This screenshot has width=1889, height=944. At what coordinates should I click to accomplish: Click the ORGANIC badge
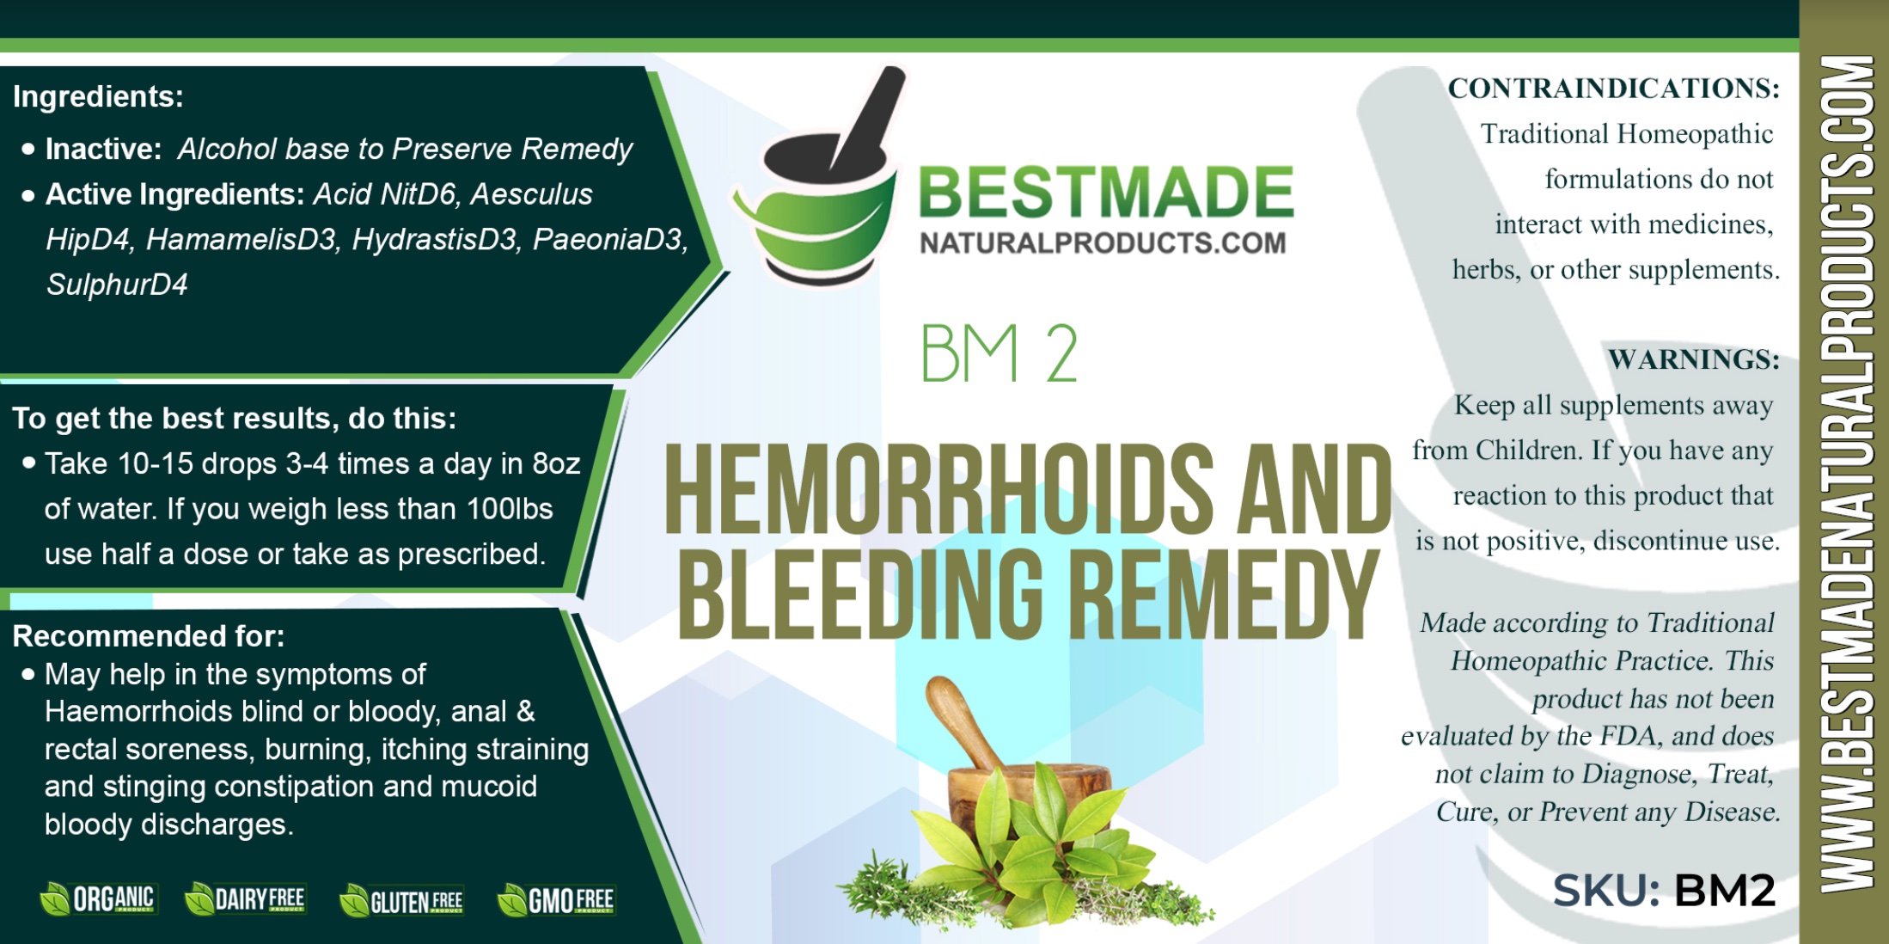pos(98,899)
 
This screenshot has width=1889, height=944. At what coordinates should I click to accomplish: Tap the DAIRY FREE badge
pos(246,899)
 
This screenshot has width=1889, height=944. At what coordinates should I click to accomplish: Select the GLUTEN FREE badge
pos(402,901)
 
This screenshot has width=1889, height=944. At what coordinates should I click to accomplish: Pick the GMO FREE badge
pos(557,901)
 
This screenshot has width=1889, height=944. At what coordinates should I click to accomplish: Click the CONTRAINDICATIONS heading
pos(1613,89)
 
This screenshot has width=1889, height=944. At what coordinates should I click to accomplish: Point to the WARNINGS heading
pos(1693,359)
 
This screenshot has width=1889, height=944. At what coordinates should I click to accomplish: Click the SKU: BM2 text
pos(1664,890)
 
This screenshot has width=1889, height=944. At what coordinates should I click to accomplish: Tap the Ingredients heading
pos(98,96)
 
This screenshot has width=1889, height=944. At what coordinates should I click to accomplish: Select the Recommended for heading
pos(148,636)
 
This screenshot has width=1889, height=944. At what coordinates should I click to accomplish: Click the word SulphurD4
pos(117,285)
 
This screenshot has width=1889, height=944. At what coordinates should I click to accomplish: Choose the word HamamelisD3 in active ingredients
pos(241,240)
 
